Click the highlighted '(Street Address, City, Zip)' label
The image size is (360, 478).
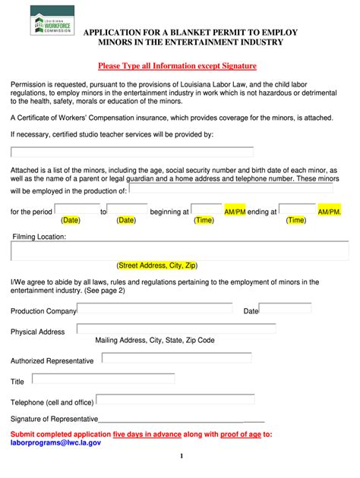pos(157,266)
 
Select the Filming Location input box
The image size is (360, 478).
pos(180,250)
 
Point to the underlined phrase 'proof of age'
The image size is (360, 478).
pos(242,434)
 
